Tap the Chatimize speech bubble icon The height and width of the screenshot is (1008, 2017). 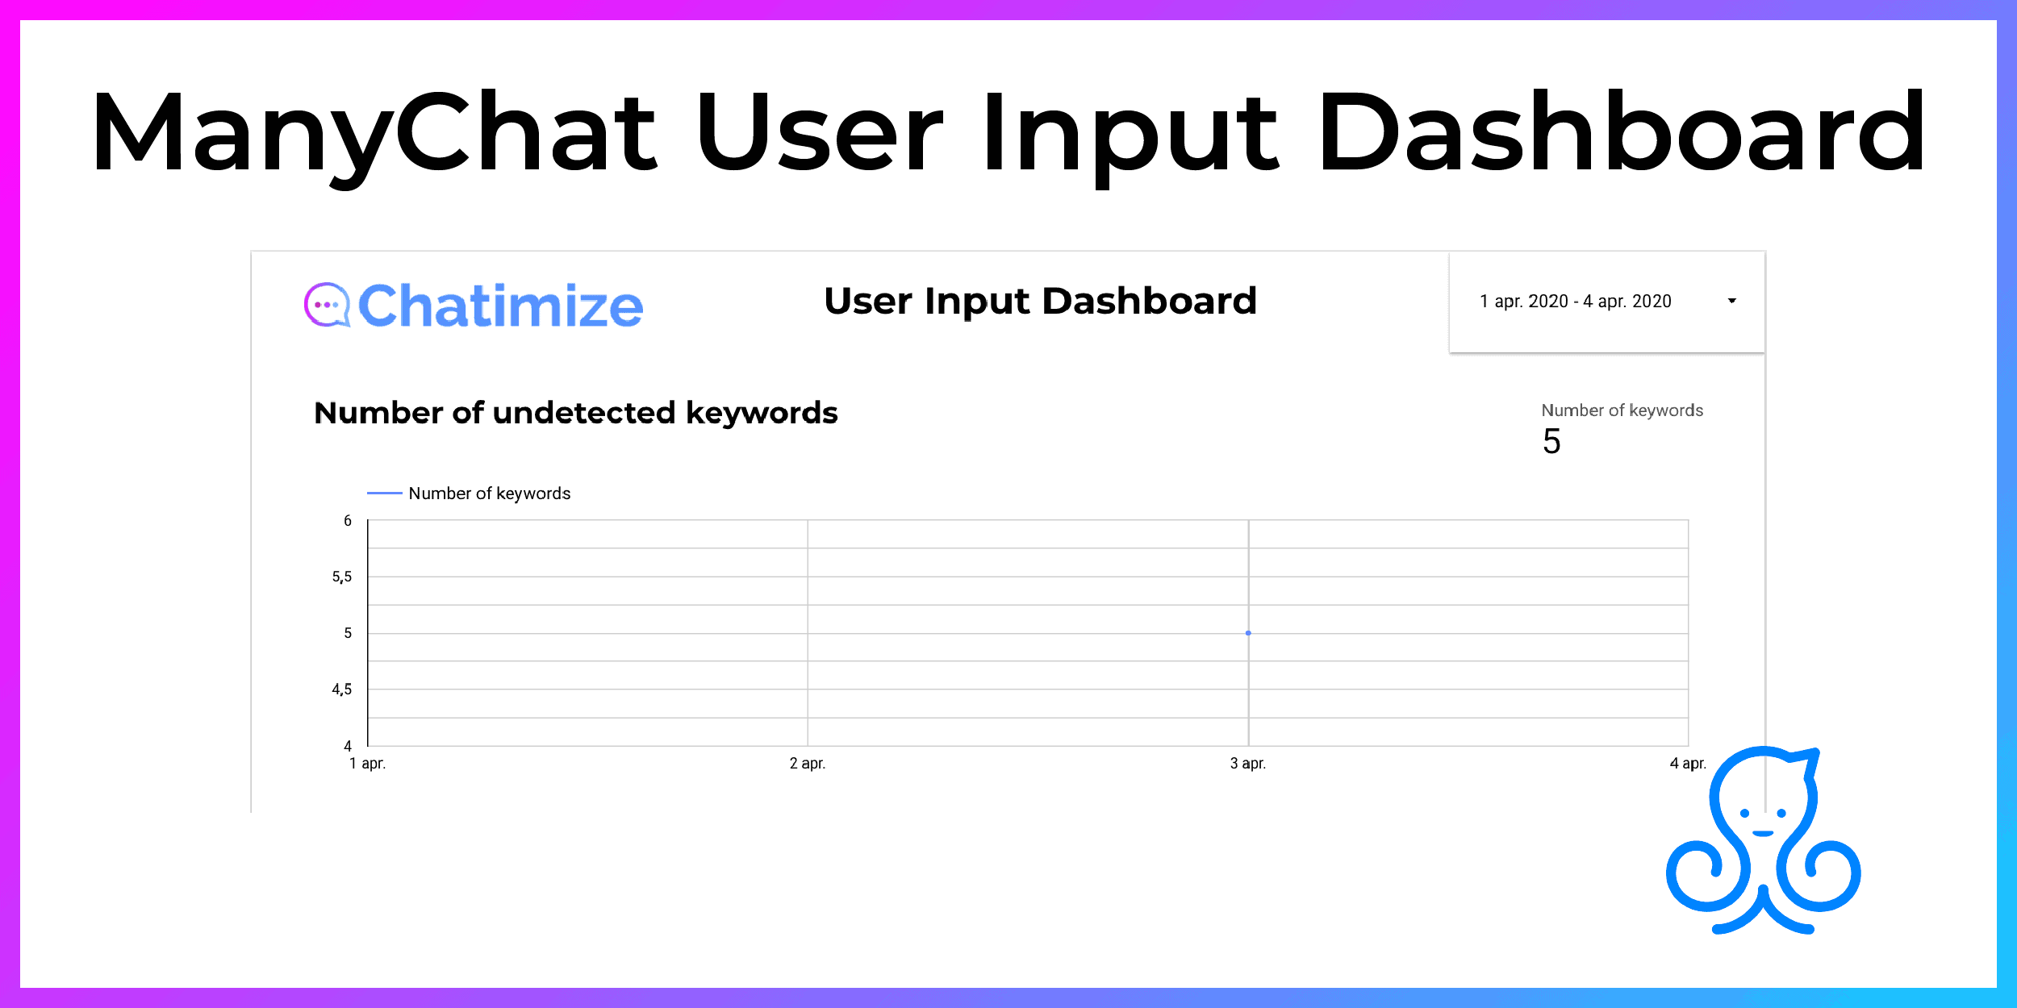pyautogui.click(x=327, y=305)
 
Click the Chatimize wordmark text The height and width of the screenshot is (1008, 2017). pyautogui.click(x=500, y=306)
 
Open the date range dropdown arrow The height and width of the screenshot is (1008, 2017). pyautogui.click(x=1731, y=301)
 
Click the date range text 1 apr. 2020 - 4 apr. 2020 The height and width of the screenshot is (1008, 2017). pyautogui.click(x=1575, y=302)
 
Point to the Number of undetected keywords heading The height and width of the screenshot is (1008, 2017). pyautogui.click(x=575, y=413)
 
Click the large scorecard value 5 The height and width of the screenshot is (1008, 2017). pyautogui.click(x=1551, y=441)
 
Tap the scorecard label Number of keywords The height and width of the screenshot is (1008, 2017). pyautogui.click(x=1622, y=410)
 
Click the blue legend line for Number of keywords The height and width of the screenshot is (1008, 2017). pyautogui.click(x=384, y=493)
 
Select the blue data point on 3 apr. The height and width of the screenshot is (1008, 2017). pyautogui.click(x=1248, y=633)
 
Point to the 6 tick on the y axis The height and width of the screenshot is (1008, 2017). pyautogui.click(x=348, y=521)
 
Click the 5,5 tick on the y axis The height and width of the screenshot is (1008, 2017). pyautogui.click(x=342, y=577)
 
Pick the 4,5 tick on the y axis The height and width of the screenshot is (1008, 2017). pyautogui.click(x=342, y=689)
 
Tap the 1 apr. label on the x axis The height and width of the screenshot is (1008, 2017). pyautogui.click(x=367, y=764)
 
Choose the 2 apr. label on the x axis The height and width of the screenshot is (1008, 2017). pyautogui.click(x=808, y=764)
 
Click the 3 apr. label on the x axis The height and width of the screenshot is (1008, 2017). pyautogui.click(x=1248, y=764)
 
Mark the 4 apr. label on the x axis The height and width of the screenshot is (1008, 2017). pyautogui.click(x=1688, y=764)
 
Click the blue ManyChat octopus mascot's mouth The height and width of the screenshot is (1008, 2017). pyautogui.click(x=1763, y=833)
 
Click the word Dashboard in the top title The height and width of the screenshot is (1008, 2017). pyautogui.click(x=1622, y=132)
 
